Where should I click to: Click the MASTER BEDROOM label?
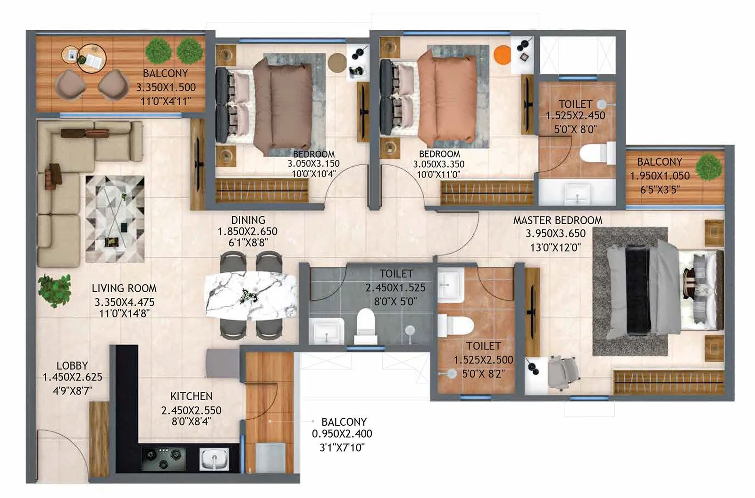point(557,220)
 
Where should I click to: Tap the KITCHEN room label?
point(191,397)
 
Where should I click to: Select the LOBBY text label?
point(72,365)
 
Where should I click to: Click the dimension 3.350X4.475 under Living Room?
point(124,302)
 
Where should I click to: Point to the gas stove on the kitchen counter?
point(163,455)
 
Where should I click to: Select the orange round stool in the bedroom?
point(502,54)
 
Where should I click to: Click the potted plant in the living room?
point(54,289)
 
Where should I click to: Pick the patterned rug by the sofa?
point(115,218)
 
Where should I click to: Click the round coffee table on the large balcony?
point(92,58)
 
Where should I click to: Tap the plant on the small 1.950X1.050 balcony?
point(709,168)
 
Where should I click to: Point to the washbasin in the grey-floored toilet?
point(327,330)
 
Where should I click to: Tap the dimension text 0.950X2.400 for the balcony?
point(342,434)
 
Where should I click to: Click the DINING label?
point(248,220)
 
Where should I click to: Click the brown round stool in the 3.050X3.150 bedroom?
point(337,62)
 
